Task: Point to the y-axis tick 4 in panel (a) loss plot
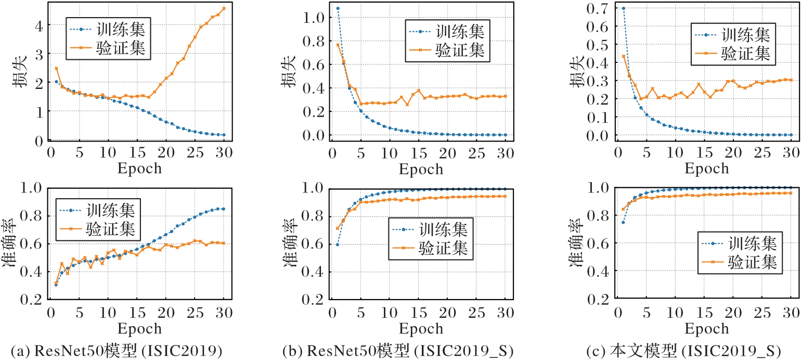click(40, 24)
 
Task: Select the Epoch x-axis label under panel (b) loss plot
click(422, 169)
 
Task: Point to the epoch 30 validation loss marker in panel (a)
click(224, 8)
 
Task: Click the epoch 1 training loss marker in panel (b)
click(338, 8)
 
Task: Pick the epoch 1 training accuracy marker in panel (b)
click(338, 244)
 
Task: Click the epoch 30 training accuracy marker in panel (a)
click(224, 209)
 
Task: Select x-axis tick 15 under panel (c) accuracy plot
click(706, 314)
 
